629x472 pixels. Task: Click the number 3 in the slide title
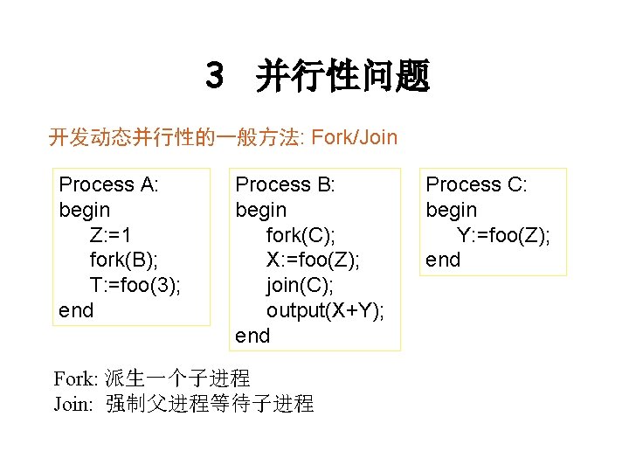click(x=215, y=76)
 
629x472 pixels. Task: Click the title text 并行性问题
click(x=342, y=77)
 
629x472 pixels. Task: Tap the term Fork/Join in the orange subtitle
click(x=354, y=137)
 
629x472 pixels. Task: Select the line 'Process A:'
click(x=108, y=184)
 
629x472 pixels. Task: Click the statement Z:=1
click(x=110, y=235)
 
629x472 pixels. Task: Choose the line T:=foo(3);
click(x=135, y=285)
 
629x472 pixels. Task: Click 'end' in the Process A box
click(x=76, y=310)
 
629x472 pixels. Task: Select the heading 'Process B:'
click(x=286, y=184)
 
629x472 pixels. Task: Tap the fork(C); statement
click(x=301, y=235)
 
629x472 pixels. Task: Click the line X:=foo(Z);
click(x=314, y=260)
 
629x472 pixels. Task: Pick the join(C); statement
click(x=301, y=285)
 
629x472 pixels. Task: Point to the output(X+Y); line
click(x=326, y=310)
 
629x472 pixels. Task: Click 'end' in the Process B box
click(x=253, y=336)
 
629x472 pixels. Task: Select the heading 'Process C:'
click(x=477, y=184)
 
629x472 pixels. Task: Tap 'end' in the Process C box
click(x=443, y=260)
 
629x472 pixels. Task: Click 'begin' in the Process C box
click(x=452, y=210)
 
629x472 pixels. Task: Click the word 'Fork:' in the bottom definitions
click(x=76, y=378)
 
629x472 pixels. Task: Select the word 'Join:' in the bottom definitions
click(x=73, y=404)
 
